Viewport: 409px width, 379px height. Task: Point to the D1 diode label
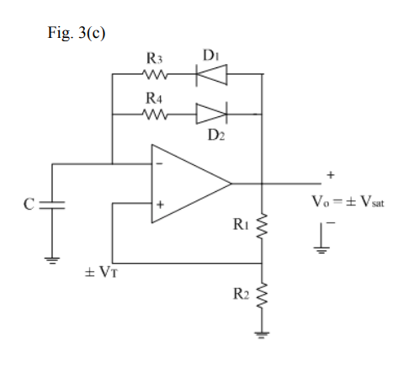[210, 55]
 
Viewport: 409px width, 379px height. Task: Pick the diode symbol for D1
[210, 74]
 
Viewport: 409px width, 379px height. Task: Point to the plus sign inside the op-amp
[159, 204]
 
